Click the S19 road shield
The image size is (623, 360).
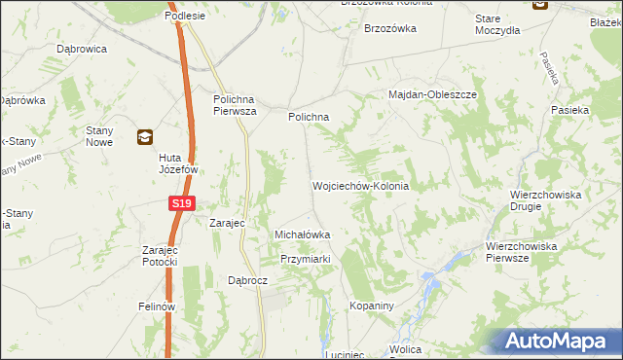(181, 203)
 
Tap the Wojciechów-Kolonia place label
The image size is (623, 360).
(359, 185)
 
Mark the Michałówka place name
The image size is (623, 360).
(303, 234)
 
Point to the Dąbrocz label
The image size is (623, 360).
(247, 279)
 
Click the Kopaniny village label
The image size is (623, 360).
(370, 306)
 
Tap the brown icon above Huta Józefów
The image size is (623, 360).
(144, 137)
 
